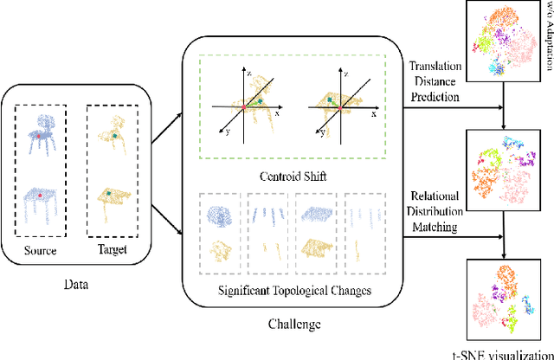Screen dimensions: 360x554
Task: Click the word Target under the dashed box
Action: pos(116,251)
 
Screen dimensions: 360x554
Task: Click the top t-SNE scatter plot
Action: pos(499,39)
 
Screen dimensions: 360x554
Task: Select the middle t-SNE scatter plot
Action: pos(499,159)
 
